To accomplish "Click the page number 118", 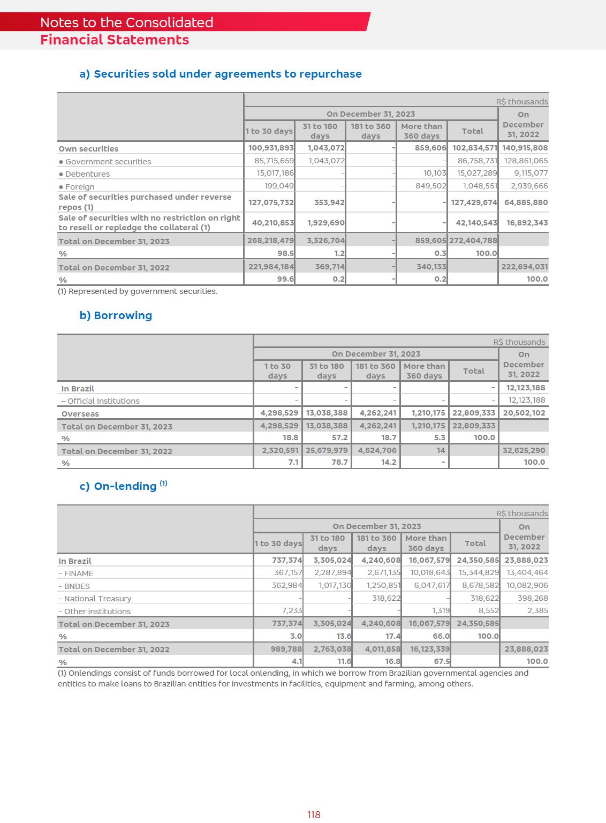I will (314, 814).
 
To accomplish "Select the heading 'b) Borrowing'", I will (116, 315).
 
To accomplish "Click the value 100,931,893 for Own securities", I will (271, 148).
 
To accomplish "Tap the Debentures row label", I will (87, 174).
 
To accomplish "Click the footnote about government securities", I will (138, 291).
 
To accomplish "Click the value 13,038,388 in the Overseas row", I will (327, 413).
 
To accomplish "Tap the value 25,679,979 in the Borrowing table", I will (327, 450).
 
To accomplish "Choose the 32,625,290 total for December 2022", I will (524, 450).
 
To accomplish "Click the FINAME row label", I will (79, 573).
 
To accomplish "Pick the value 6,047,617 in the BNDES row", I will (431, 586).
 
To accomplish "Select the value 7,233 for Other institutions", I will (292, 610).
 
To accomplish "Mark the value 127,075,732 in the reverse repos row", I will (271, 202).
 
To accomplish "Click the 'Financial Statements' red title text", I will (115, 40).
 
